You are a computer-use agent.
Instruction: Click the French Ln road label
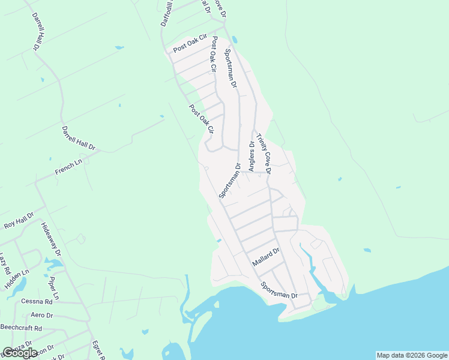(x=68, y=167)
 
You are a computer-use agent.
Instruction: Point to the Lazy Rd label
(x=5, y=262)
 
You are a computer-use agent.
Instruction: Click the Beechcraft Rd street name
(x=21, y=328)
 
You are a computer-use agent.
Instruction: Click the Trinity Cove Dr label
(x=264, y=154)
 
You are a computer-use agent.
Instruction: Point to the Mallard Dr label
(x=266, y=258)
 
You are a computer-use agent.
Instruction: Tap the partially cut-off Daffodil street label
(x=166, y=13)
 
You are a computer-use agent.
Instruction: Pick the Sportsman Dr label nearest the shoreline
(x=279, y=291)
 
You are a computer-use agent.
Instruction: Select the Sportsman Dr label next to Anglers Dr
(x=230, y=180)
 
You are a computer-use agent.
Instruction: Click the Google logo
(x=20, y=352)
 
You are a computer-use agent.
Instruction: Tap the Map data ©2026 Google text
(x=412, y=355)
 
